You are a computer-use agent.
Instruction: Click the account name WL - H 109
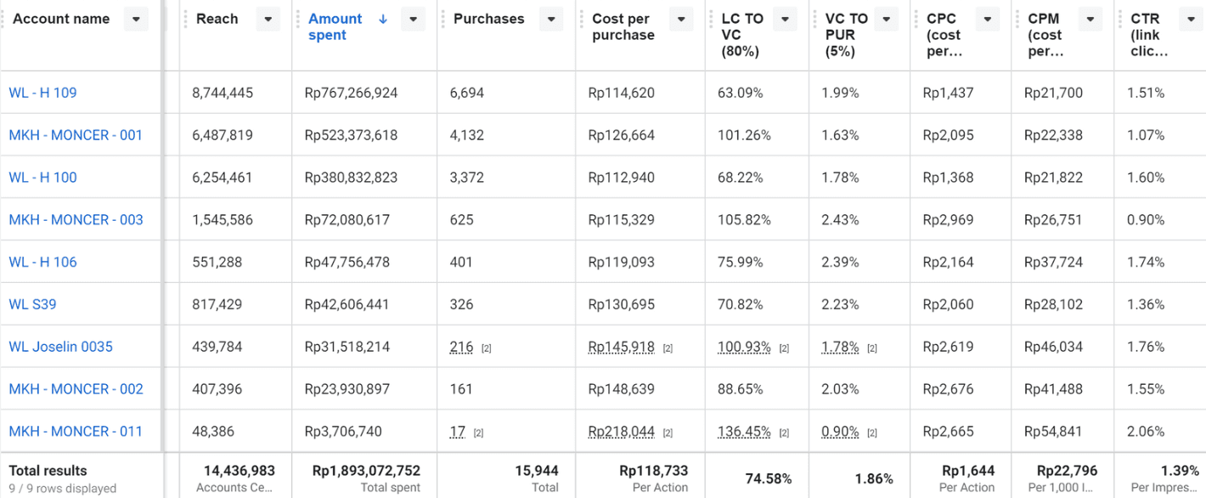(x=42, y=93)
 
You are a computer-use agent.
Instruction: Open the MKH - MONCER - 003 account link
(x=76, y=220)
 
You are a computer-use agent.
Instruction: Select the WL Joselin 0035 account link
(x=61, y=347)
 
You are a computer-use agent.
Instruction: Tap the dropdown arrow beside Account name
(x=136, y=20)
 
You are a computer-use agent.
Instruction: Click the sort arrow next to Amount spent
(x=383, y=20)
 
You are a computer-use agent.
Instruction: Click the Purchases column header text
(x=489, y=19)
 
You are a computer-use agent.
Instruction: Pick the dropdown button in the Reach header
(x=268, y=20)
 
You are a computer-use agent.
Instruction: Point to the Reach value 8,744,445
(x=223, y=93)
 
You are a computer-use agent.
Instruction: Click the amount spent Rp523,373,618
(x=351, y=135)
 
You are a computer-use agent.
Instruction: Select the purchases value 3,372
(x=467, y=178)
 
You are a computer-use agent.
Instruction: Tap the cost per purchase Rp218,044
(x=622, y=432)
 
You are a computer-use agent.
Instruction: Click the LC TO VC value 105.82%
(x=744, y=220)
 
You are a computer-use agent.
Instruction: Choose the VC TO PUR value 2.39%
(x=840, y=262)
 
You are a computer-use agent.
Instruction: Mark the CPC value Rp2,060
(x=948, y=304)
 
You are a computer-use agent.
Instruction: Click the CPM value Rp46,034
(x=1053, y=347)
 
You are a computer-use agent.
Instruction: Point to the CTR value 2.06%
(x=1146, y=432)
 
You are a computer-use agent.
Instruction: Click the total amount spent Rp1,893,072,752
(x=366, y=471)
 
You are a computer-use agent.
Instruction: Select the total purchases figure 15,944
(x=537, y=471)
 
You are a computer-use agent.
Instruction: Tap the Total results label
(x=48, y=471)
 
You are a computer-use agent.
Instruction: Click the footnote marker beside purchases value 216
(x=486, y=348)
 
